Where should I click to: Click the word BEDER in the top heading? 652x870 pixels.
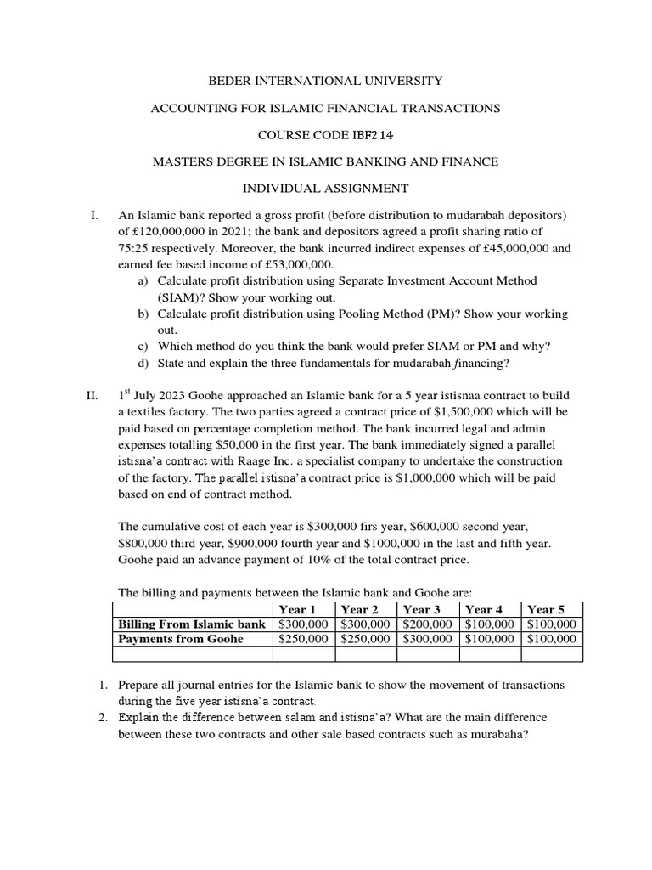pyautogui.click(x=231, y=81)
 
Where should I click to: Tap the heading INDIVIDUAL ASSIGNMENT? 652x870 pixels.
pyautogui.click(x=326, y=188)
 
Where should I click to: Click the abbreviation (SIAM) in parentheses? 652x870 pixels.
pyautogui.click(x=177, y=297)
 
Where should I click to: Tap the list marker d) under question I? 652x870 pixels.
pyautogui.click(x=143, y=363)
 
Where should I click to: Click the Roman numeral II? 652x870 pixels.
pyautogui.click(x=93, y=395)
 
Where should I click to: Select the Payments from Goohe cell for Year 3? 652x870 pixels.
pyautogui.click(x=428, y=639)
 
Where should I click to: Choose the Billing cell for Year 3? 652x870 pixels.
pyautogui.click(x=428, y=624)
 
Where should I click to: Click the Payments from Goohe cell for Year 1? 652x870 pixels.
pyautogui.click(x=305, y=639)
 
